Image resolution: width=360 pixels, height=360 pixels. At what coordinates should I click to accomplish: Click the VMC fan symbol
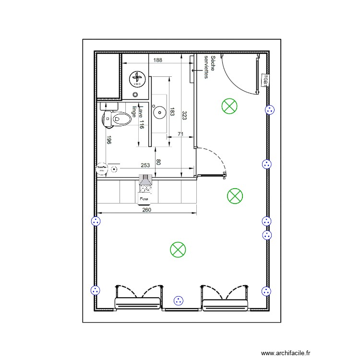tap(136, 78)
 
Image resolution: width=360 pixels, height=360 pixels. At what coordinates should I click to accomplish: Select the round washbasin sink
tap(159, 112)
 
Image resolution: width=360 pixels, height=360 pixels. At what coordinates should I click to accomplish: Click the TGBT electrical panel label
tap(264, 80)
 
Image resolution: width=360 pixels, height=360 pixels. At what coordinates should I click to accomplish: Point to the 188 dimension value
tap(157, 60)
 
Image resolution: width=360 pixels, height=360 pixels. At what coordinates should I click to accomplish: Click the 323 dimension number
tap(184, 115)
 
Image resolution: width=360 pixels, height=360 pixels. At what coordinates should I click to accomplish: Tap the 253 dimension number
tap(144, 165)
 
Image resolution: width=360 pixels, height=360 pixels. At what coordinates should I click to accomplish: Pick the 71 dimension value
tap(180, 134)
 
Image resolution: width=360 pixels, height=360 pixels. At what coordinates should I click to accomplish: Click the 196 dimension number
tap(109, 140)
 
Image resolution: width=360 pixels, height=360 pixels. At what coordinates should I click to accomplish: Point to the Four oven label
tap(144, 198)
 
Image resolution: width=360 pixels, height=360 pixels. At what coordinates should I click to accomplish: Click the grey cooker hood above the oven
tap(145, 180)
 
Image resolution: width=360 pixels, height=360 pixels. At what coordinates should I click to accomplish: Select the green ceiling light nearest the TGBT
tap(229, 107)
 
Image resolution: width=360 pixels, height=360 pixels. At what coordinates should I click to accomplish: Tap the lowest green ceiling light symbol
tap(178, 249)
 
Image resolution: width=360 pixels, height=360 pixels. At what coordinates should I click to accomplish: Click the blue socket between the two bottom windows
tap(179, 301)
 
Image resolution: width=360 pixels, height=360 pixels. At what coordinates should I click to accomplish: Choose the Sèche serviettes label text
tap(209, 67)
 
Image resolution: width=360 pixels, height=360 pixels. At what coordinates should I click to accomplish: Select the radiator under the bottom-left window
tap(138, 303)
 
